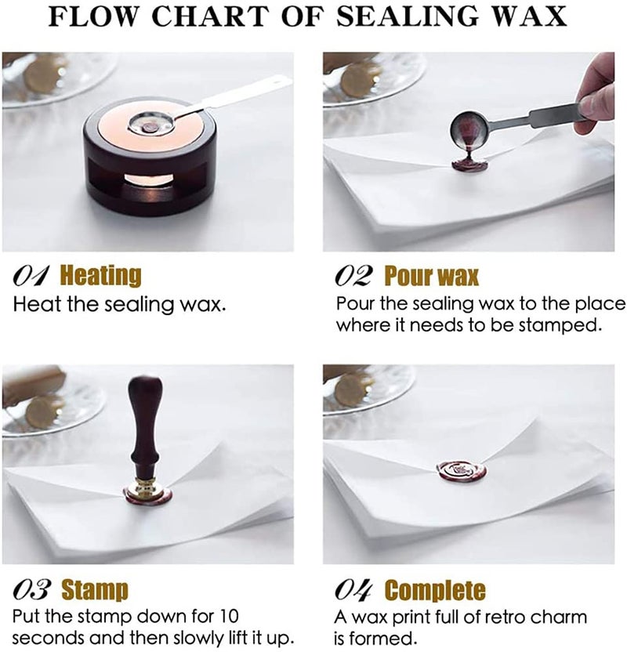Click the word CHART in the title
(210, 16)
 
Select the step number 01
(31, 276)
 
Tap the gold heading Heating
(101, 276)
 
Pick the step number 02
(353, 276)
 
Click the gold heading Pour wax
(432, 276)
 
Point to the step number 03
(32, 589)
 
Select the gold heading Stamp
(95, 590)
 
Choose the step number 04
(353, 589)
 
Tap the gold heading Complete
(435, 590)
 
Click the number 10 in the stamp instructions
(228, 616)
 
